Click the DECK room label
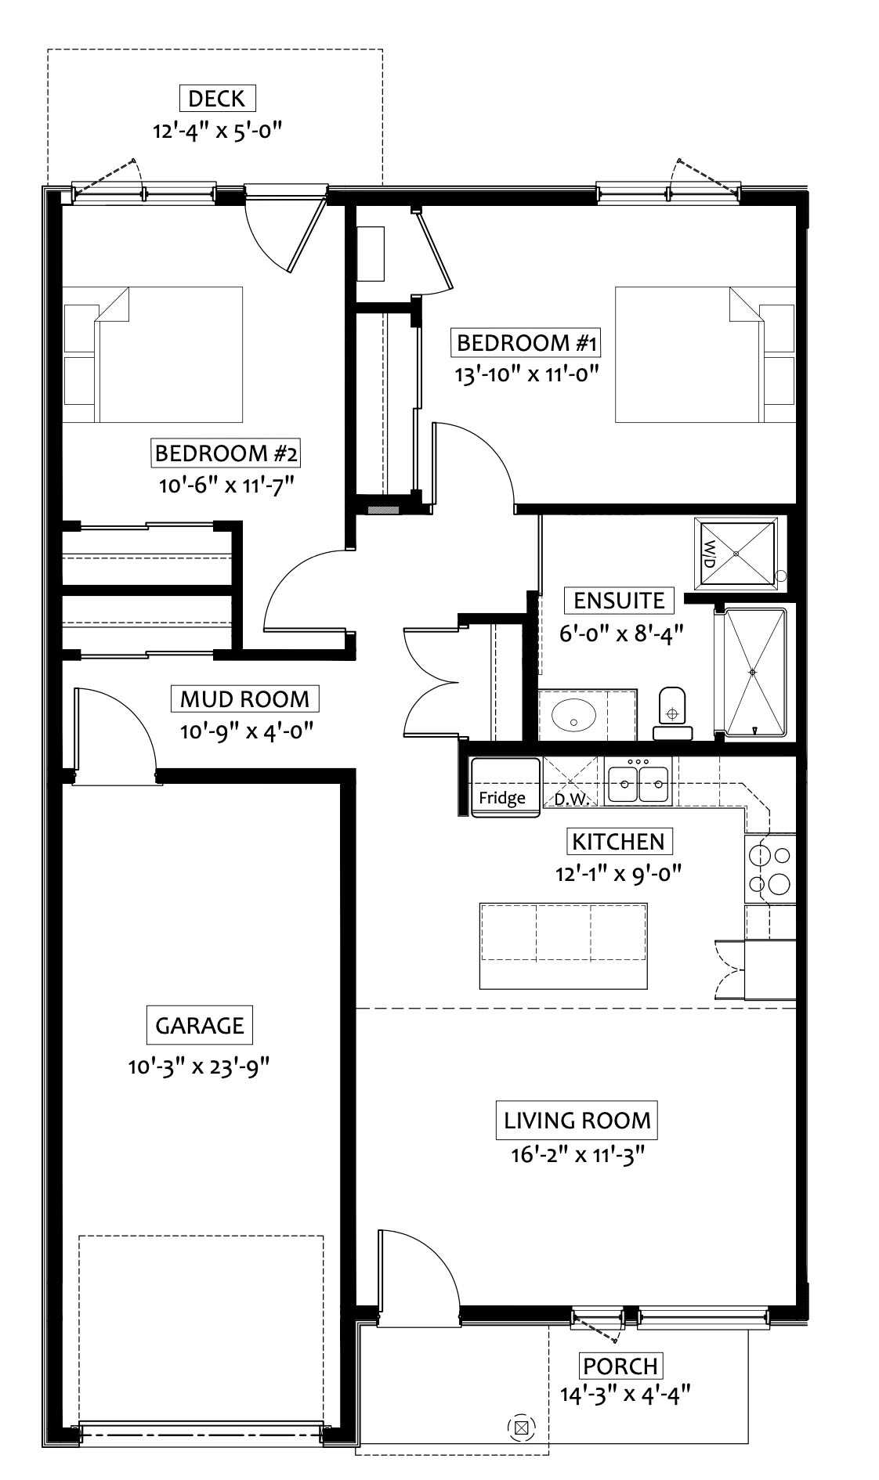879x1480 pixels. pyautogui.click(x=217, y=99)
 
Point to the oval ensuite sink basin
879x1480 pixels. pyautogui.click(x=574, y=714)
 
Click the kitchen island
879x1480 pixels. pyautogui.click(x=564, y=945)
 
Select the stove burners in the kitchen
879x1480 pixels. pyautogui.click(x=769, y=868)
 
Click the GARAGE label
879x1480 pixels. pyautogui.click(x=199, y=1025)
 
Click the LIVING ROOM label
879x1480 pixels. pyautogui.click(x=577, y=1120)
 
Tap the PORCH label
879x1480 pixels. pyautogui.click(x=620, y=1366)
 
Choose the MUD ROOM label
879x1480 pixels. pyautogui.click(x=244, y=698)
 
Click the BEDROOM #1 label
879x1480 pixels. pyautogui.click(x=527, y=343)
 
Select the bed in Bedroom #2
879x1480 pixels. pyautogui.click(x=153, y=355)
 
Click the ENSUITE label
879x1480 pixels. pyautogui.click(x=619, y=601)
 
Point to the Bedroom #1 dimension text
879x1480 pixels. pyautogui.click(x=527, y=374)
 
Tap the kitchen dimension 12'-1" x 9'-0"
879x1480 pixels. pyautogui.click(x=619, y=873)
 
